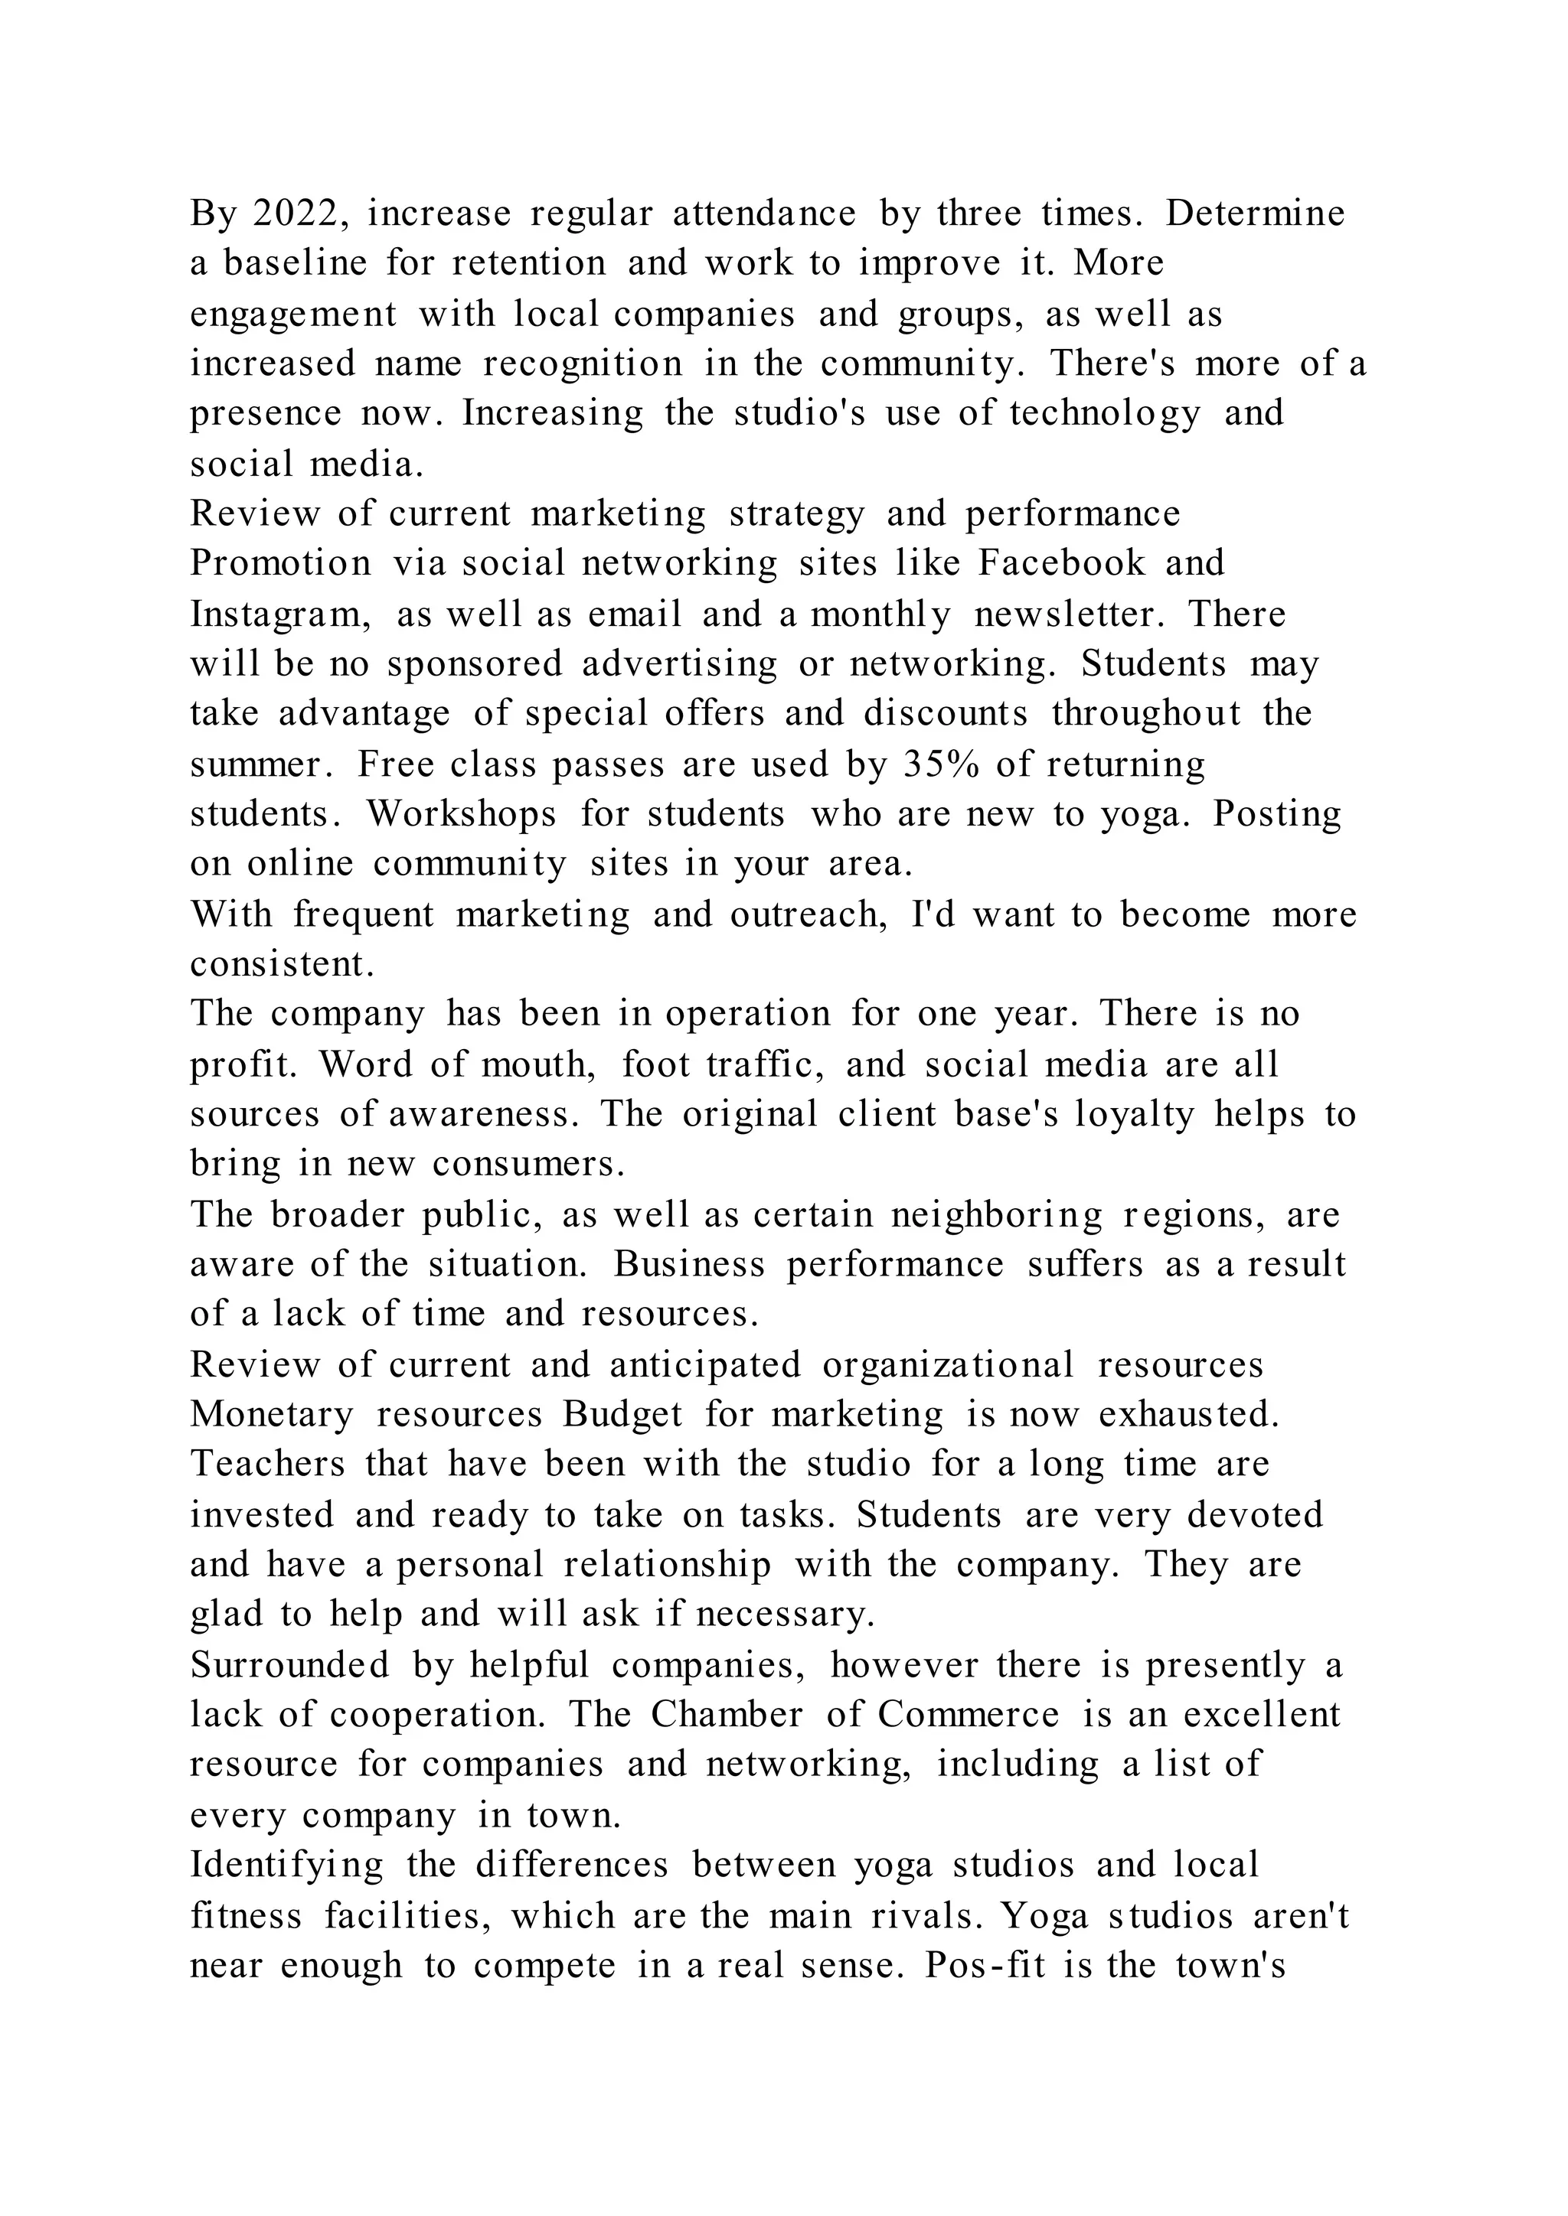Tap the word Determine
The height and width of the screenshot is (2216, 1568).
click(x=1254, y=213)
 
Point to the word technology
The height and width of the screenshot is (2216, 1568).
click(x=1105, y=413)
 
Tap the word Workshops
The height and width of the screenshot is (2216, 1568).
click(x=462, y=815)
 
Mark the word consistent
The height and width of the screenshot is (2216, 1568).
click(x=282, y=964)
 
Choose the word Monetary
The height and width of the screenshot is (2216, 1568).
click(x=273, y=1415)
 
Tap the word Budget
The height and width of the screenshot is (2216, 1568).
click(x=622, y=1415)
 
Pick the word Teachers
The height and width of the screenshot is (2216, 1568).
click(x=267, y=1464)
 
